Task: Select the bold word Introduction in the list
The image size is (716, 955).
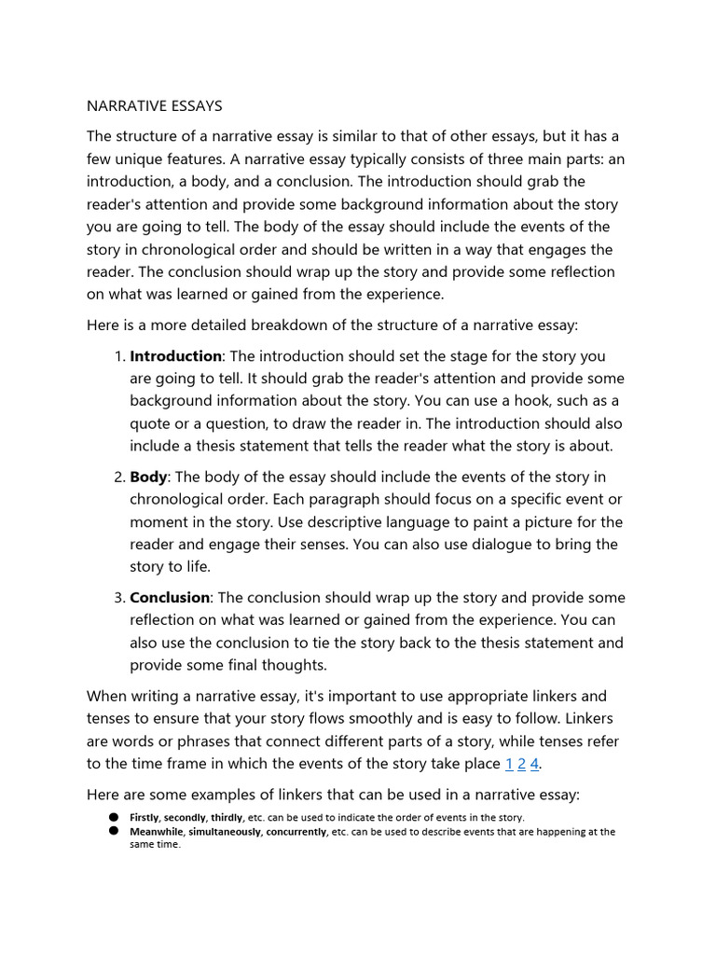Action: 175,356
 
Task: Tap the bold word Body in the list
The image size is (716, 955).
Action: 148,477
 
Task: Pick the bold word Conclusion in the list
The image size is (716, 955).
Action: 171,597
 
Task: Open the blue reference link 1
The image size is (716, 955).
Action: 509,764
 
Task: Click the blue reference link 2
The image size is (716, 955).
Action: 522,764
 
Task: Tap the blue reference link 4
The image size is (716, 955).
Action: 534,764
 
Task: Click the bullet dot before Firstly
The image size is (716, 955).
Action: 113,816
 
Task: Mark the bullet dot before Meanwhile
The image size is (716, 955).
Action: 113,831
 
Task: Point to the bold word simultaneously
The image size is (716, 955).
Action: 227,832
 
